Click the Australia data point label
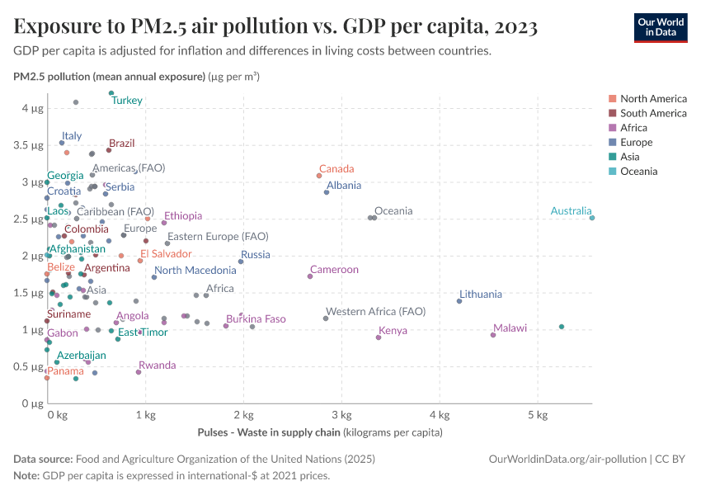(x=571, y=212)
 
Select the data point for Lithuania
(x=459, y=301)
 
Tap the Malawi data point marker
(x=493, y=335)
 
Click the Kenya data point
(x=379, y=337)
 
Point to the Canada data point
(x=319, y=176)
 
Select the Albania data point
(x=327, y=192)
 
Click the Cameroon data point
(x=310, y=276)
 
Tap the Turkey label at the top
(x=127, y=101)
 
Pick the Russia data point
(x=241, y=262)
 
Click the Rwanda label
(x=157, y=365)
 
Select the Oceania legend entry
(x=638, y=172)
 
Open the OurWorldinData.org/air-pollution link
(x=567, y=459)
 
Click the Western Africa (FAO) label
(x=375, y=312)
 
